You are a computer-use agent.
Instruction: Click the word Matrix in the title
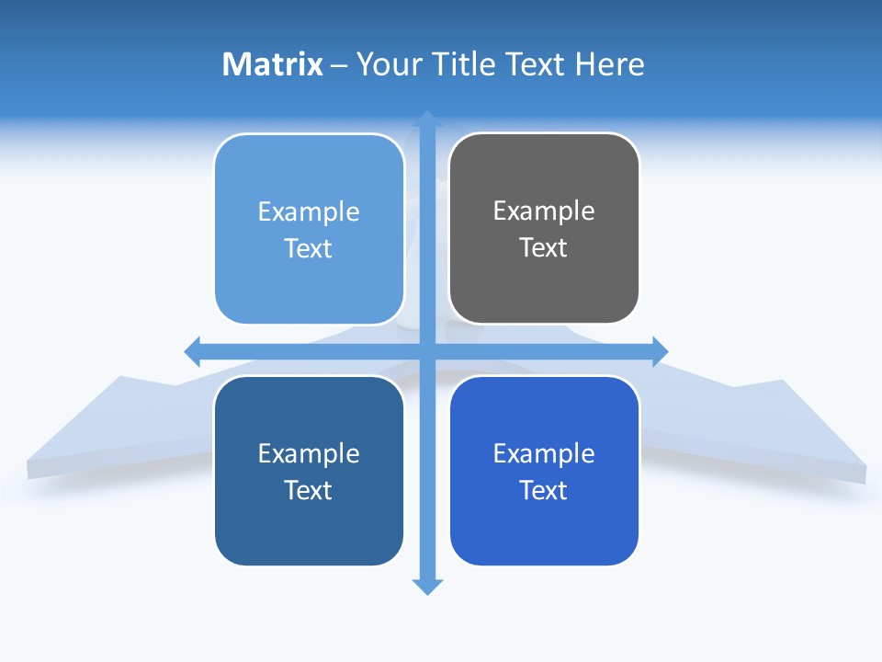click(x=273, y=64)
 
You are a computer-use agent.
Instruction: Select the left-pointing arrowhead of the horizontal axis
click(x=193, y=351)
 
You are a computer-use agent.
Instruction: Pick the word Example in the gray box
click(x=544, y=211)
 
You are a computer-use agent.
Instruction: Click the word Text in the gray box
click(x=544, y=248)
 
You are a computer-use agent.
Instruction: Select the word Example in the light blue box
click(x=309, y=212)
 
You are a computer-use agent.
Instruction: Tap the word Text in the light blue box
click(x=309, y=249)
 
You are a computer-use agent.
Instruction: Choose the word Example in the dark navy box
click(x=309, y=454)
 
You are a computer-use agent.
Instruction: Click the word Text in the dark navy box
click(x=309, y=491)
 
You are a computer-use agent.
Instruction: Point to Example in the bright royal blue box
click(x=544, y=454)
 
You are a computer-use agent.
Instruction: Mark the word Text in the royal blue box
click(x=544, y=491)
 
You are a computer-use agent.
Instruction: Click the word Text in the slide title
click(x=537, y=64)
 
